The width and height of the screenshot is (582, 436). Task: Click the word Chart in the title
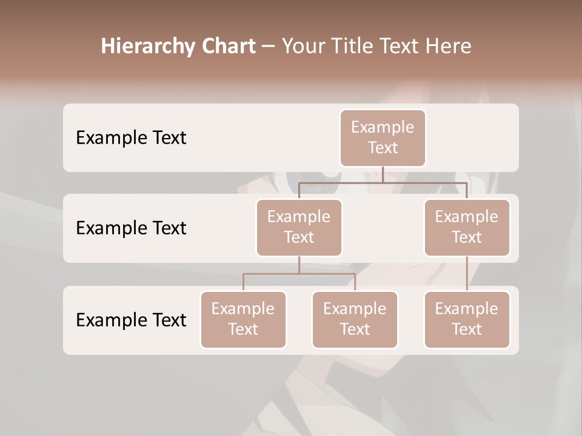[x=229, y=47]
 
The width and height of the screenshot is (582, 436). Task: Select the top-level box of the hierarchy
[x=383, y=137]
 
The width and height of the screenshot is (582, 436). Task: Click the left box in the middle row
[x=299, y=227]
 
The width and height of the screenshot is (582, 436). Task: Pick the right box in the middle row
[x=467, y=227]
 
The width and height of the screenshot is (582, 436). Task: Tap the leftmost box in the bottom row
[x=243, y=319]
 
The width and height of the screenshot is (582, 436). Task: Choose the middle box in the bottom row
[x=355, y=319]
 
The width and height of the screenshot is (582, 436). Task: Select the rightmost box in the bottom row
[x=467, y=319]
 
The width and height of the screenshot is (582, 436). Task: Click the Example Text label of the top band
[x=131, y=137]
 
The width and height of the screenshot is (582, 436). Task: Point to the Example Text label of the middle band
[x=131, y=228]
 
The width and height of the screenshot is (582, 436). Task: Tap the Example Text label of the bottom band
[x=131, y=320]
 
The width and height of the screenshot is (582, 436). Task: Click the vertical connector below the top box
[x=383, y=174]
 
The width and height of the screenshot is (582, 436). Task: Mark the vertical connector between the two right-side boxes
[x=467, y=274]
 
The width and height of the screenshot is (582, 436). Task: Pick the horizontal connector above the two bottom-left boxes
[x=299, y=274]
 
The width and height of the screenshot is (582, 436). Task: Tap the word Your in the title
[x=303, y=47]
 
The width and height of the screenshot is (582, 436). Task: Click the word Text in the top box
[x=383, y=148]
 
